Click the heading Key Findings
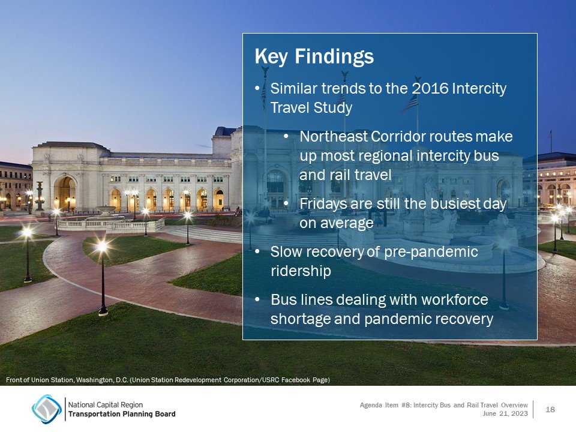pos(314,57)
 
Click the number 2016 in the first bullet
pos(430,89)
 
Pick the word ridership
pos(300,271)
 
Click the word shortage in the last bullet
pos(298,319)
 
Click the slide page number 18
pos(550,409)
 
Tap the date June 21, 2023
pos(505,414)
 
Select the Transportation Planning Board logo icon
pos(46,409)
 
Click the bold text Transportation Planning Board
pos(122,414)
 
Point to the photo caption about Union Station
pos(167,380)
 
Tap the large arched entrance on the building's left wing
pos(64,192)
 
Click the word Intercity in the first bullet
pos(479,89)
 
